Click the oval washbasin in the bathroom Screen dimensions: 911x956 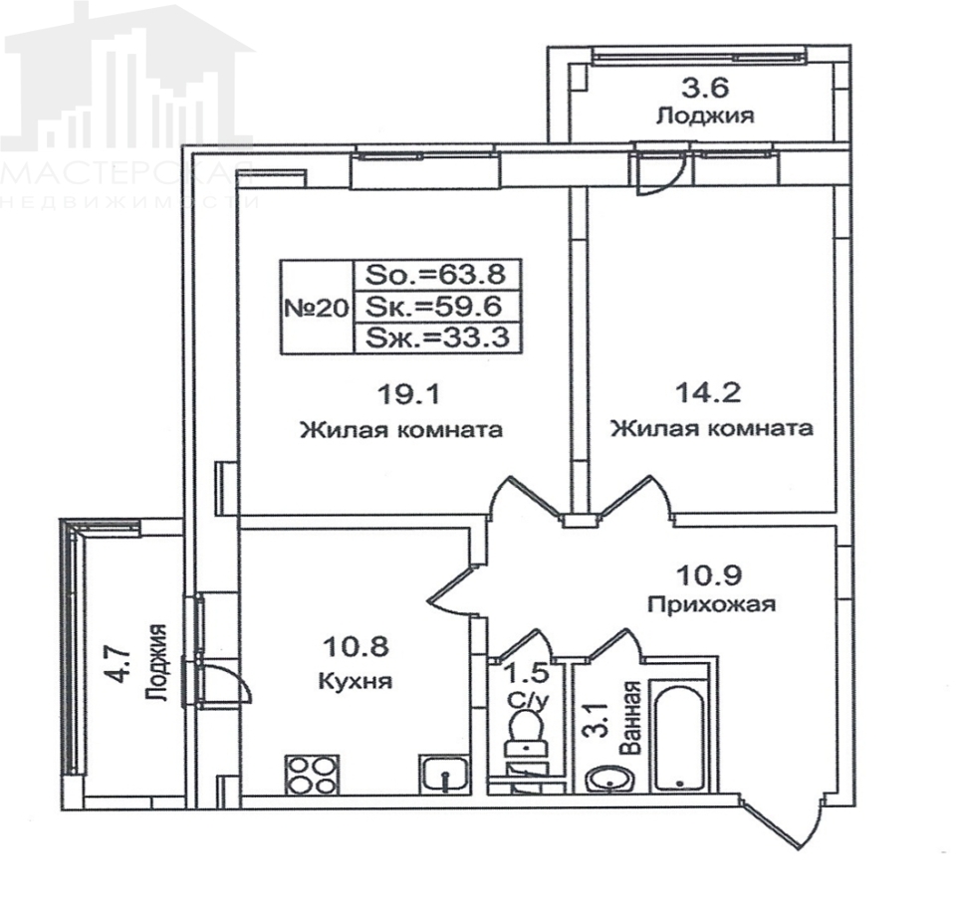607,780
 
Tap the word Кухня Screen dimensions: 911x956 356,682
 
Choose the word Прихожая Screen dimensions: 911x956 710,604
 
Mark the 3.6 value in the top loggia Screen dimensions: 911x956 703,87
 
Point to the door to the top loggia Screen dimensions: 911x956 654,176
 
